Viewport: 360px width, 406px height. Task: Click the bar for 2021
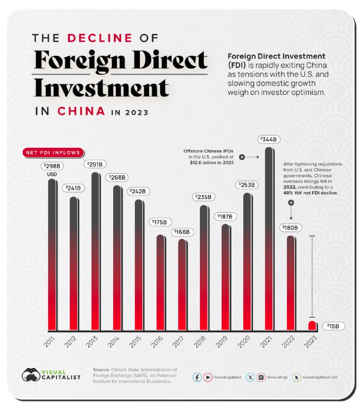[270, 239]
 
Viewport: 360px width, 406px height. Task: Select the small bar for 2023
[312, 325]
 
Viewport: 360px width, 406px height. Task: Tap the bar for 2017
[182, 284]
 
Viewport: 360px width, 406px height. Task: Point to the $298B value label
[51, 166]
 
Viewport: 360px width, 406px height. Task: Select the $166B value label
[181, 231]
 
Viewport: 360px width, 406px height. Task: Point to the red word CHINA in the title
[81, 111]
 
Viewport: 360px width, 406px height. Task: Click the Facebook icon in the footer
[197, 377]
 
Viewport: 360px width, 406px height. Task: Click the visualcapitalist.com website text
[320, 377]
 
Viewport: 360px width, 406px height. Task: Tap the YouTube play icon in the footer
[207, 377]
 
